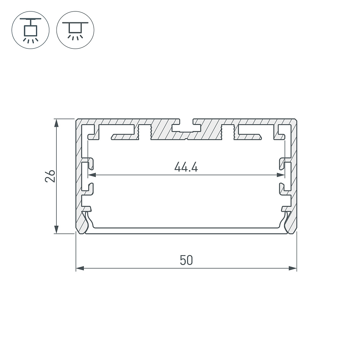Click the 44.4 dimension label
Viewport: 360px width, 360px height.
(186, 167)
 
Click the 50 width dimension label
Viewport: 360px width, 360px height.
(186, 260)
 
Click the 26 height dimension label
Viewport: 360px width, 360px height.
(50, 176)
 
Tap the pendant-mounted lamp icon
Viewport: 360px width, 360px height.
(30, 30)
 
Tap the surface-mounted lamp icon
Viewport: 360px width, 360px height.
(75, 30)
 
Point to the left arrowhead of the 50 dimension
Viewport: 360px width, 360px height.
(80, 268)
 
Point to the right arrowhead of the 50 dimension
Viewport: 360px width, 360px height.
(292, 268)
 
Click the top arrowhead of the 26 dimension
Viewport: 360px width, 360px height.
(56, 123)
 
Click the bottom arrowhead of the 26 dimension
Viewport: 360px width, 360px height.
(56, 229)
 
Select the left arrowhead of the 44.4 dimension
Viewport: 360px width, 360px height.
(92, 175)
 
